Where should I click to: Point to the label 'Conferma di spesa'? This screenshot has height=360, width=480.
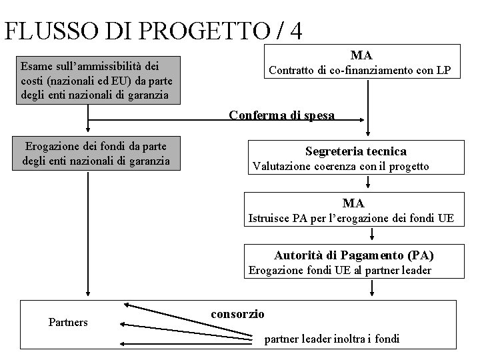(x=281, y=115)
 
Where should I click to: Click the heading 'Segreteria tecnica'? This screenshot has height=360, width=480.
(x=355, y=151)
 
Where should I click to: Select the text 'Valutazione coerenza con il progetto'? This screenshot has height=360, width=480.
(x=341, y=166)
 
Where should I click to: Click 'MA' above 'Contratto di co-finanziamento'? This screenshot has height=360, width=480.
(x=361, y=55)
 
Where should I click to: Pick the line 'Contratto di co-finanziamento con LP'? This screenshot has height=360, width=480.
(x=359, y=70)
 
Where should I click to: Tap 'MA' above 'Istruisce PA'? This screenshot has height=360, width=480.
(x=353, y=203)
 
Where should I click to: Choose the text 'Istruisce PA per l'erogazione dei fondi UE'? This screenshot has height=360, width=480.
(x=351, y=217)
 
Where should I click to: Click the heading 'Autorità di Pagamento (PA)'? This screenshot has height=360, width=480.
(x=358, y=255)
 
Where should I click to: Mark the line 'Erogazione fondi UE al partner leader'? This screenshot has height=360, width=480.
(x=339, y=270)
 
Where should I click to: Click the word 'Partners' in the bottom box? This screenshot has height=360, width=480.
(x=68, y=322)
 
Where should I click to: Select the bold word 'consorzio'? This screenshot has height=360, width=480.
(x=237, y=313)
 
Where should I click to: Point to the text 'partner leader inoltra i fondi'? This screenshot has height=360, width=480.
(x=332, y=339)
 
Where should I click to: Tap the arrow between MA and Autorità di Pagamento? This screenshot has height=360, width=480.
(x=372, y=234)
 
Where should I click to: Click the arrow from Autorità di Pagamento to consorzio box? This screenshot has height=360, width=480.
(x=372, y=287)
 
